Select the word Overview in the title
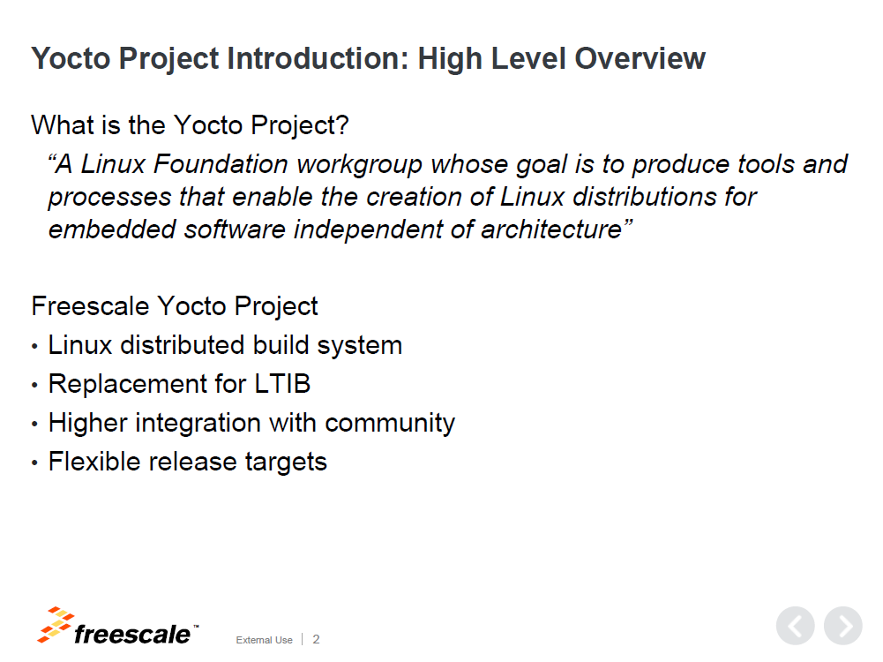point(640,58)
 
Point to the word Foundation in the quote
point(221,164)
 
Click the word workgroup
point(359,165)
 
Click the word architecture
point(551,229)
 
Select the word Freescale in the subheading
point(90,306)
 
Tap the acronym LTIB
point(282,384)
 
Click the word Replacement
point(127,385)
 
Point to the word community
point(390,424)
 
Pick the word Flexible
point(94,462)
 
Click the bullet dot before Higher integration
point(35,425)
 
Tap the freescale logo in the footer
point(117,626)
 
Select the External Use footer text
point(264,640)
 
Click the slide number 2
point(316,639)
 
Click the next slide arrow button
point(843,626)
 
